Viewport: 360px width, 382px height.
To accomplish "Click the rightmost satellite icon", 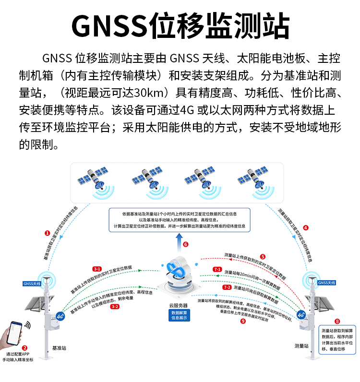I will click(x=252, y=181).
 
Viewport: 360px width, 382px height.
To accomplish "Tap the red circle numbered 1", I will click(x=47, y=233).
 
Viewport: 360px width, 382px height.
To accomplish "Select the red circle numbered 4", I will click(x=306, y=228).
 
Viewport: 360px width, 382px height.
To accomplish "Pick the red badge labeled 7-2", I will click(x=228, y=287).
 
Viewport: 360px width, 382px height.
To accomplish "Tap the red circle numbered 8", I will click(x=337, y=321).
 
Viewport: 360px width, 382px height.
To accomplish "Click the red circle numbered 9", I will click(x=243, y=321).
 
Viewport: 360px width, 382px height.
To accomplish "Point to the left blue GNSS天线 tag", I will click(x=32, y=284).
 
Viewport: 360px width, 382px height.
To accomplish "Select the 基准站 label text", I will click(x=58, y=346).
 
